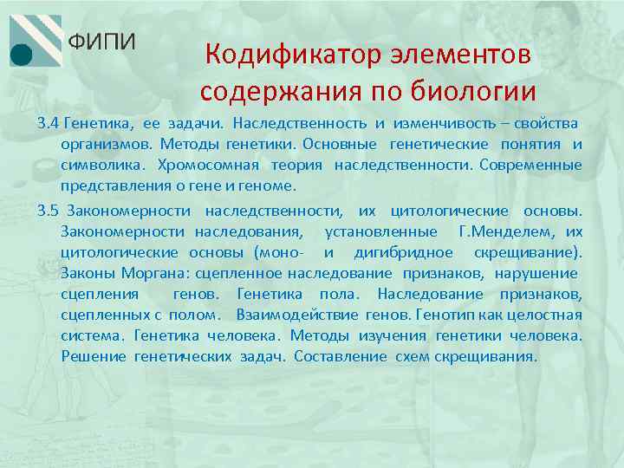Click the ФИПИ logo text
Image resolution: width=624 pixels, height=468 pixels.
(x=101, y=42)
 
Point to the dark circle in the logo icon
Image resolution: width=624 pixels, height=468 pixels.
(x=23, y=54)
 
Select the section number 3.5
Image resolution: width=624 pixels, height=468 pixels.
(x=49, y=211)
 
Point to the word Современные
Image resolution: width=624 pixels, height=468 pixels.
(x=530, y=165)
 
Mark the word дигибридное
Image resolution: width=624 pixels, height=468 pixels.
(x=403, y=252)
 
